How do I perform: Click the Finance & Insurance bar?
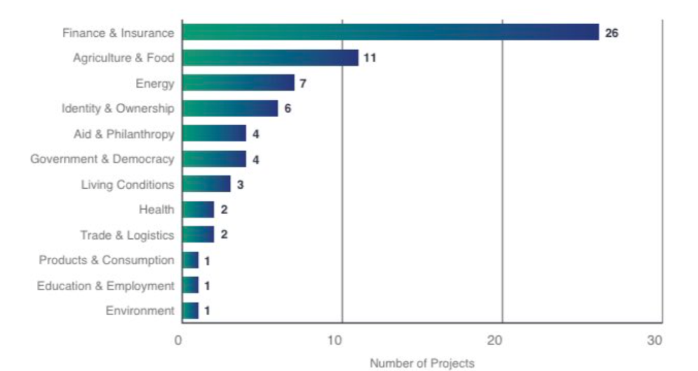point(390,32)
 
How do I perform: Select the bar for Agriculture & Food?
point(270,58)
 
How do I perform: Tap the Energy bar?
point(238,83)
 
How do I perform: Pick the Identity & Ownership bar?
point(230,109)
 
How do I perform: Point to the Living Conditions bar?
point(206,184)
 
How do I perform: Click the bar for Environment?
point(190,311)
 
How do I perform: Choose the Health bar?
point(198,210)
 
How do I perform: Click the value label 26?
point(611,33)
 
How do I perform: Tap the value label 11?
point(370,58)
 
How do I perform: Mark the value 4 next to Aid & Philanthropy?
point(255,134)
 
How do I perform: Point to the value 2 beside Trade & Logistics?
point(224,235)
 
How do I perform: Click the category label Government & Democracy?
point(102,159)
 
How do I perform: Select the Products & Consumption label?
point(106,260)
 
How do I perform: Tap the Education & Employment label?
point(105,285)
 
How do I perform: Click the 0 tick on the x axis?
point(178,341)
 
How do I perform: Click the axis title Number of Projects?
point(422,363)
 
